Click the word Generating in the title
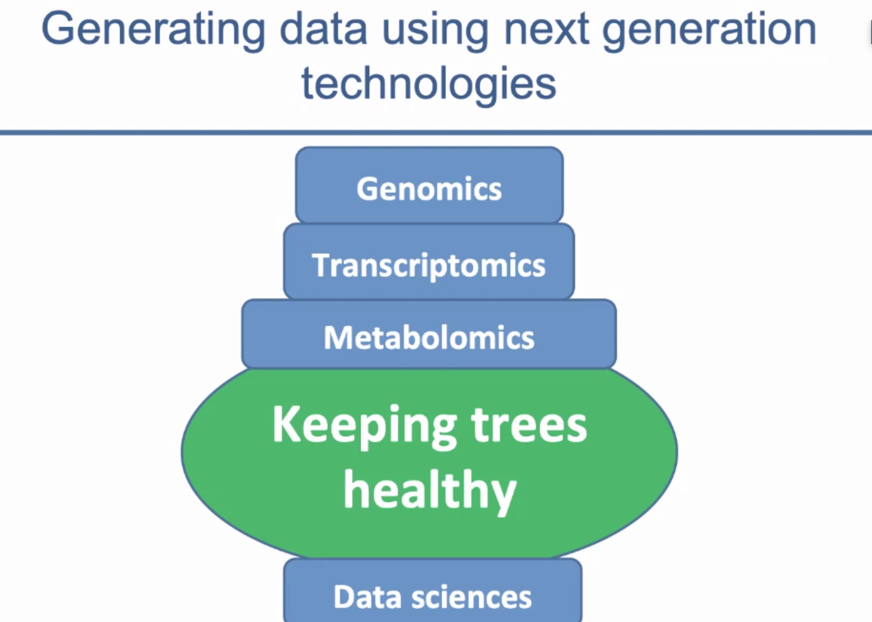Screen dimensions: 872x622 click(154, 31)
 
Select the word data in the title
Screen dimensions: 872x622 click(323, 28)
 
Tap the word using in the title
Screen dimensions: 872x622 click(435, 31)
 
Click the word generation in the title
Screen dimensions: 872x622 click(710, 31)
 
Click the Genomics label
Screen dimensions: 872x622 click(429, 189)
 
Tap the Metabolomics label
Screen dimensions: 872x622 click(429, 337)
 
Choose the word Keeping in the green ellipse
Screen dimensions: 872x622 click(365, 427)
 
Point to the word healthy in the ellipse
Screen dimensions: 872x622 click(430, 492)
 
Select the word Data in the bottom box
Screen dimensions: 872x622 click(367, 596)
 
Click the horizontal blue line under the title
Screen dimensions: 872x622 click(436, 133)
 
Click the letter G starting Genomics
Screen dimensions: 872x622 click(368, 189)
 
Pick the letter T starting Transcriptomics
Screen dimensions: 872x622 click(323, 265)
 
